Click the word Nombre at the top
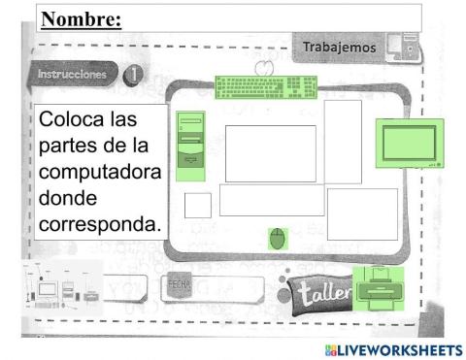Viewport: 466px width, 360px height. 81,18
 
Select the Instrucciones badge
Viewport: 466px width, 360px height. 71,75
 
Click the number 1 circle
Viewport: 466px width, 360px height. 131,75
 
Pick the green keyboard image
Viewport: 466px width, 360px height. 266,87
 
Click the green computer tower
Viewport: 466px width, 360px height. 190,145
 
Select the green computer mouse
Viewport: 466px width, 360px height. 279,239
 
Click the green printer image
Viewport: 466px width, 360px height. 374,288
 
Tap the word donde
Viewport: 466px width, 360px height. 68,198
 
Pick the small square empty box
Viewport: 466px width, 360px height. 198,205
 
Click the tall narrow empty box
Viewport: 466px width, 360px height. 342,142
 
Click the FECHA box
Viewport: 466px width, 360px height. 179,288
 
